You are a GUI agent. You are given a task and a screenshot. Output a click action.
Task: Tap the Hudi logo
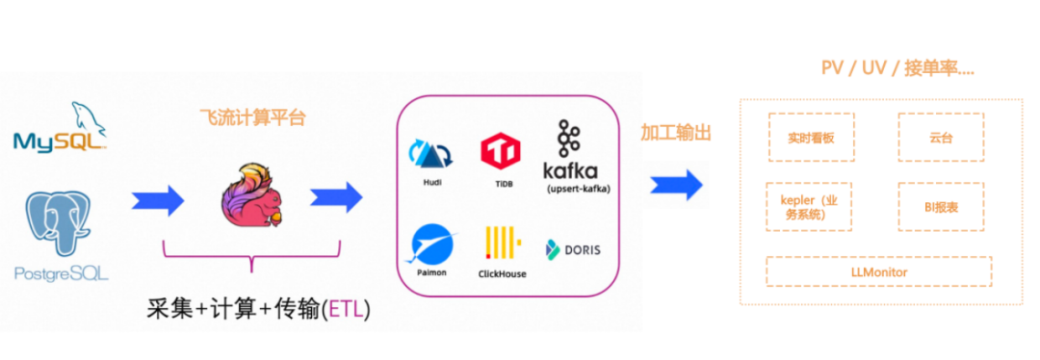[429, 154]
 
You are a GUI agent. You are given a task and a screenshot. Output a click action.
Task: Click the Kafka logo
[570, 151]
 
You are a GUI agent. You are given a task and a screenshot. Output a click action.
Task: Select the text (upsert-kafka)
[578, 189]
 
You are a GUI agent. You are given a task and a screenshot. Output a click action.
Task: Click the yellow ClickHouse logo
[502, 243]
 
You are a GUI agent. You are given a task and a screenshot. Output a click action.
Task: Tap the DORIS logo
[573, 249]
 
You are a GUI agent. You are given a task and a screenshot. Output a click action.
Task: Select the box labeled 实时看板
[811, 138]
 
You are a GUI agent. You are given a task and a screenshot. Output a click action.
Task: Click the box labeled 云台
[941, 138]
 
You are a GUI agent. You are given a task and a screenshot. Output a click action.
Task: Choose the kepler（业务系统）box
[809, 207]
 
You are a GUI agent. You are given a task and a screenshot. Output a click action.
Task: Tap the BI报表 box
[941, 207]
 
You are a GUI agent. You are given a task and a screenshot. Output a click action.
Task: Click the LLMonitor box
[879, 271]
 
